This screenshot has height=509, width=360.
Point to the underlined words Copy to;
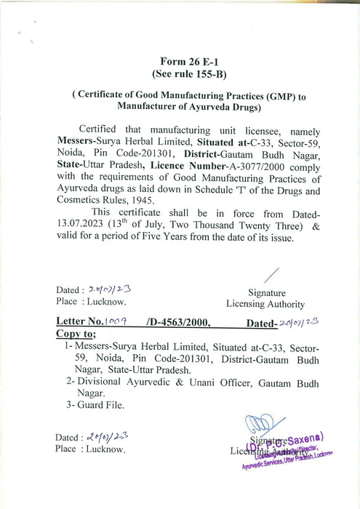(x=76, y=332)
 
